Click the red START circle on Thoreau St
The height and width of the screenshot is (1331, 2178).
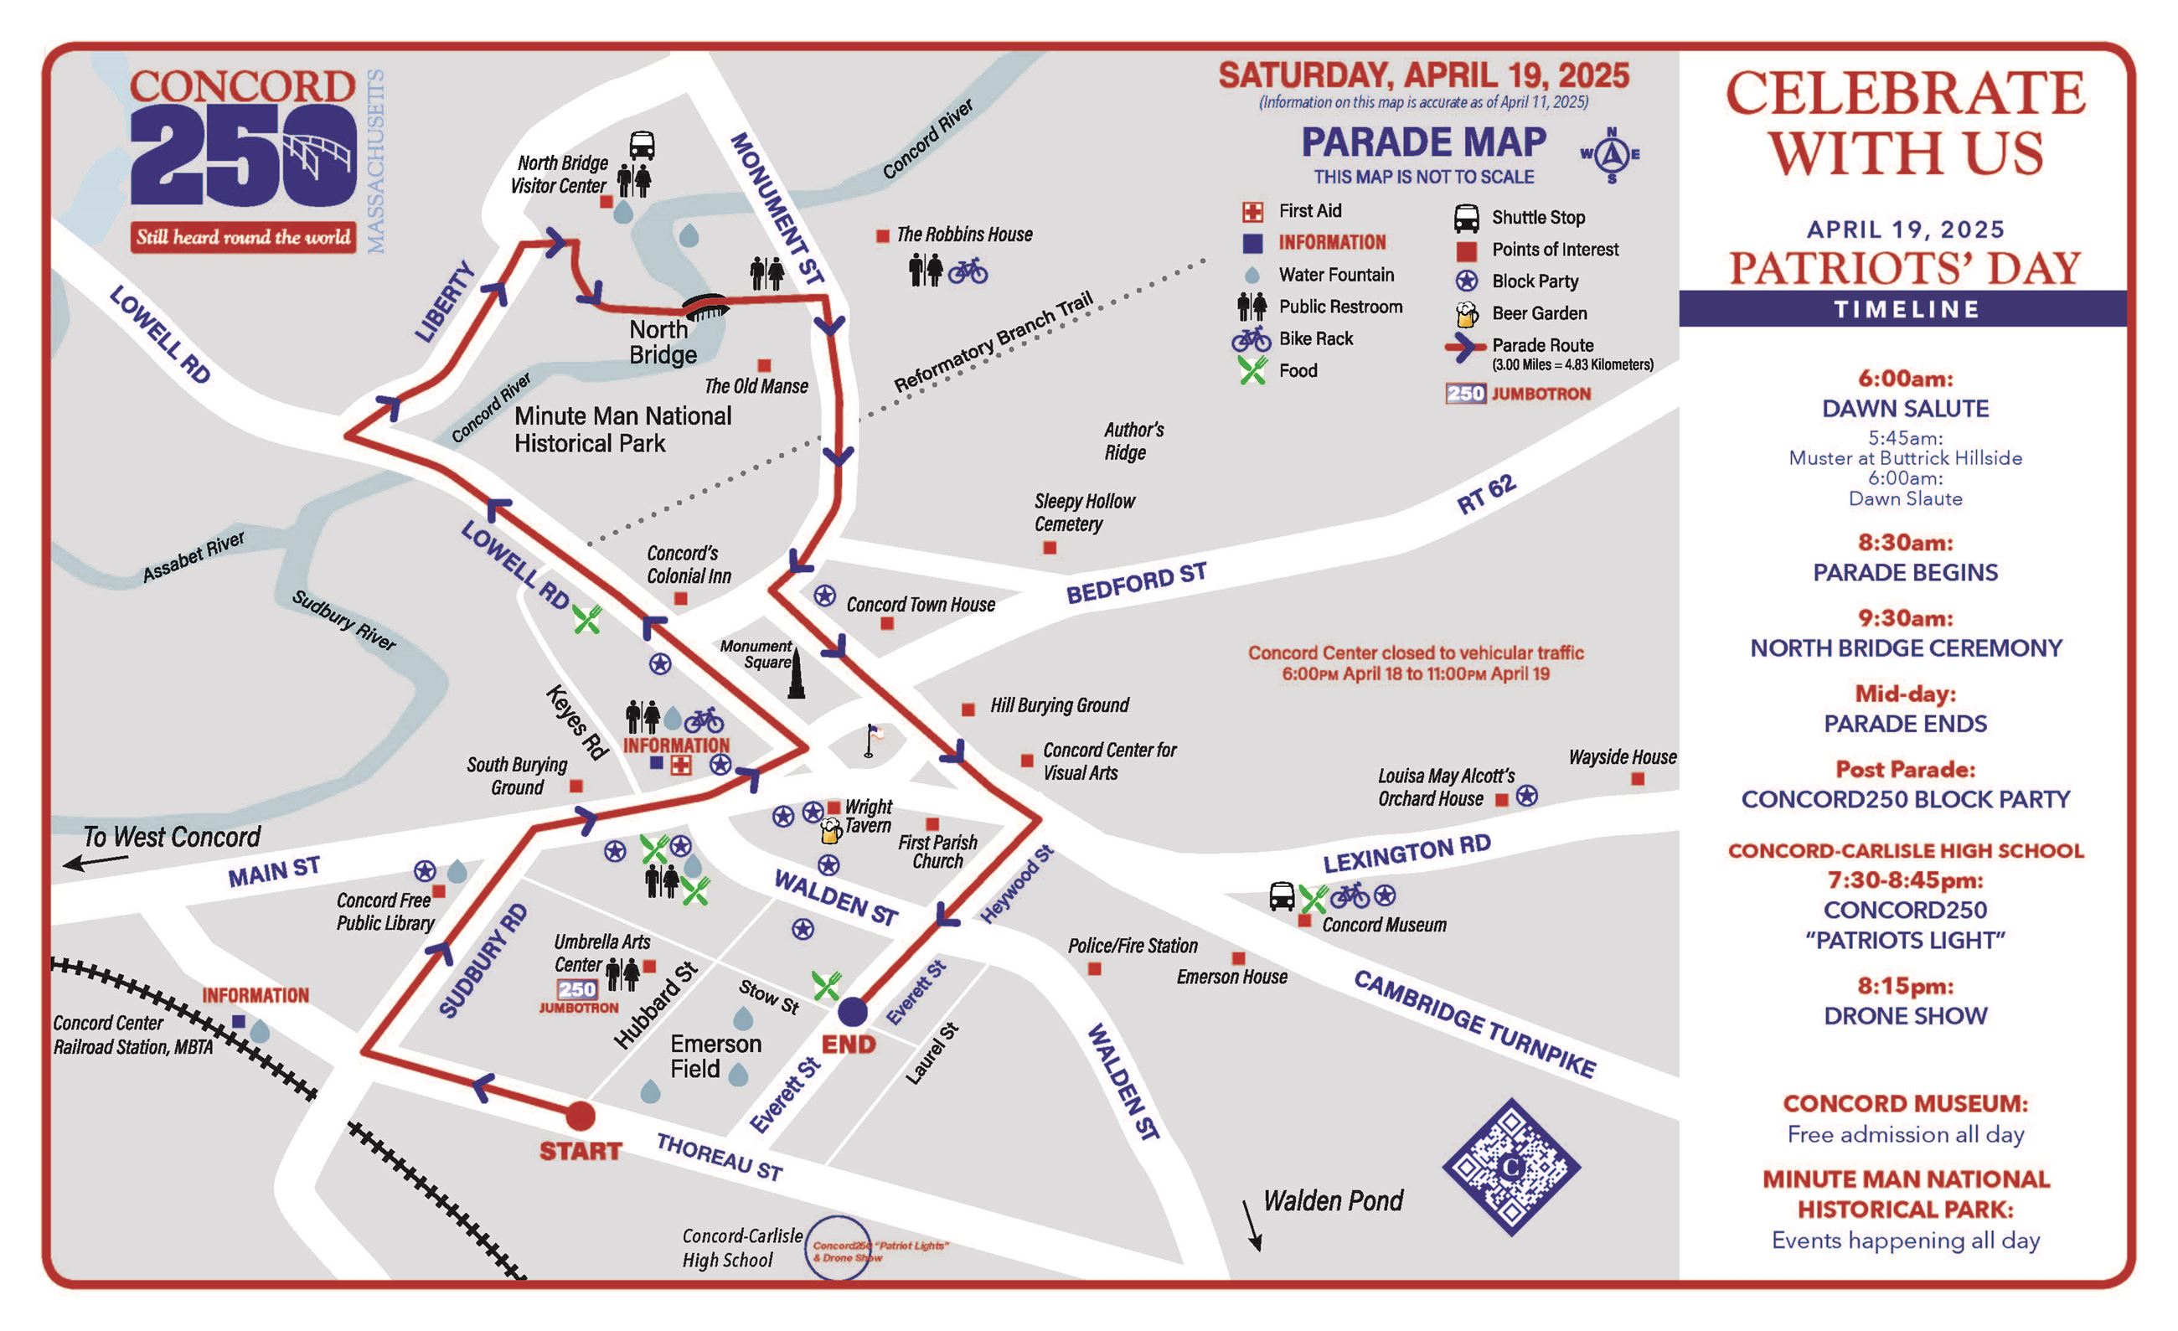580,1116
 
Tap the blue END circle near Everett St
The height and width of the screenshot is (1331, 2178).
852,1011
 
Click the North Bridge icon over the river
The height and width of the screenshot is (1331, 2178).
705,307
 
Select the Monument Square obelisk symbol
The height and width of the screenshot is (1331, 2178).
797,674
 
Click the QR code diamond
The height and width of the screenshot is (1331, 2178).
1511,1168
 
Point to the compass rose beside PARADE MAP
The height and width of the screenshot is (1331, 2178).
1613,156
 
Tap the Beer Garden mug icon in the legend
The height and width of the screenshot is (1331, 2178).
1467,314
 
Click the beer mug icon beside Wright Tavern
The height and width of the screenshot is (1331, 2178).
831,830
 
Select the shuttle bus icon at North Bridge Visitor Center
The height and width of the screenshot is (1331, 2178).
642,146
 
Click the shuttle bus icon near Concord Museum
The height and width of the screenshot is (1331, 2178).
1282,896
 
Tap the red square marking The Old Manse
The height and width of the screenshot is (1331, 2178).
765,365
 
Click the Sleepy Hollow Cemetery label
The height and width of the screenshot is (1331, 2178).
1084,513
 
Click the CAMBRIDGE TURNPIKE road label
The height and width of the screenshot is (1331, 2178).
1474,1024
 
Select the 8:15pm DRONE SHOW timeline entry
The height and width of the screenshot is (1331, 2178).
1905,1001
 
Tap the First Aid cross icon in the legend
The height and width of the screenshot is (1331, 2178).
1252,211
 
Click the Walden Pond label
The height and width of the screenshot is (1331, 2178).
1333,1200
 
